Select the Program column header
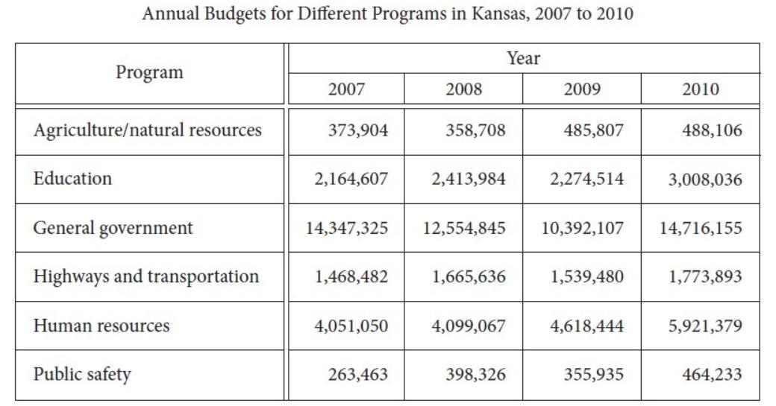(x=149, y=72)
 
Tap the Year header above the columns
(x=523, y=58)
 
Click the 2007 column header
(x=346, y=89)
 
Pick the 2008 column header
(x=463, y=89)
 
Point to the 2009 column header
(x=582, y=89)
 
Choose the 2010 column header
(x=700, y=89)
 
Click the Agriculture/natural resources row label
(x=148, y=130)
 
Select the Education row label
(x=72, y=179)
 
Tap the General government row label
(x=113, y=228)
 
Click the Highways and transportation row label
(x=146, y=276)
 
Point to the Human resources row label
(x=101, y=326)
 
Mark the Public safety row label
(x=82, y=374)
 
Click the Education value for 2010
(x=701, y=180)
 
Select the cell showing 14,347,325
(x=347, y=228)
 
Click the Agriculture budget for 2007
(x=358, y=130)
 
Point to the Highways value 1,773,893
(x=701, y=277)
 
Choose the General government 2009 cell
(x=583, y=228)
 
